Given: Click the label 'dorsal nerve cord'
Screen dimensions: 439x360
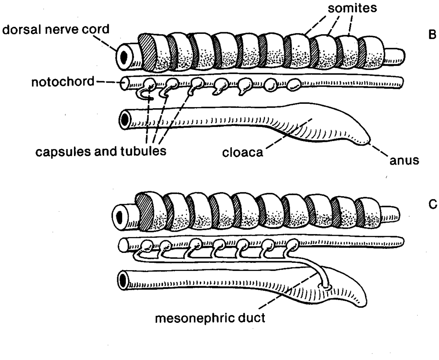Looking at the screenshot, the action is (56, 29).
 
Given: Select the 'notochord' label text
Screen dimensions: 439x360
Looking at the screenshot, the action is (63, 82).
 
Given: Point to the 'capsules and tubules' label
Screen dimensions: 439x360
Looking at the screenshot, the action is (101, 151).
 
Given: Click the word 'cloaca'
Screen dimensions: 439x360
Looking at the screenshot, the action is (243, 152).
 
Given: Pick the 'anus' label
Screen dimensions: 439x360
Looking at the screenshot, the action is (404, 161).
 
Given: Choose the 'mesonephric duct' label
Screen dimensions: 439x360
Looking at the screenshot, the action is (210, 318).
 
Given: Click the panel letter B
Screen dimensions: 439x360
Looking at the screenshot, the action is (432, 34).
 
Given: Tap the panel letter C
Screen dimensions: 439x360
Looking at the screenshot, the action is (432, 205).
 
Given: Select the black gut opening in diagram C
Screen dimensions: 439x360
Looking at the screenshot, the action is (122, 280).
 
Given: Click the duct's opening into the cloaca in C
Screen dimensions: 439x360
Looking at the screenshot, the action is (326, 286).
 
